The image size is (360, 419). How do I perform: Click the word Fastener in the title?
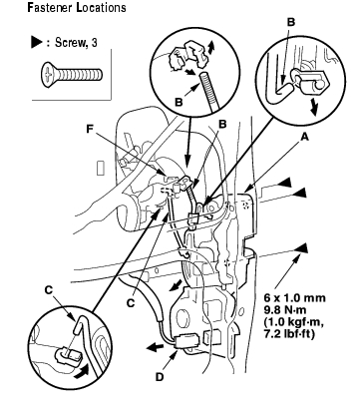click(x=50, y=7)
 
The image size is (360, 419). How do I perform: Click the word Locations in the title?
click(x=101, y=7)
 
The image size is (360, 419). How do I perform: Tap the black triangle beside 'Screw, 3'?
click(x=37, y=42)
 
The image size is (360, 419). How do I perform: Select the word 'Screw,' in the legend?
click(x=69, y=43)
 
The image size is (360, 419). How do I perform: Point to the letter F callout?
click(x=90, y=129)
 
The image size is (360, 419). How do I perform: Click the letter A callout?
click(x=304, y=137)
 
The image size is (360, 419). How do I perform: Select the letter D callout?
click(x=160, y=377)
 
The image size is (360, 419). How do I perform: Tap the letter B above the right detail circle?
click(x=291, y=22)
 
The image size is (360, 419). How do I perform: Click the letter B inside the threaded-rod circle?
click(x=179, y=102)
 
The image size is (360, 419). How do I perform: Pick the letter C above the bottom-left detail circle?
click(x=49, y=290)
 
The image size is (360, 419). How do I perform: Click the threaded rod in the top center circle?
click(x=208, y=93)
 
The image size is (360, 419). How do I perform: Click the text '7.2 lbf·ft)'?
click(x=289, y=334)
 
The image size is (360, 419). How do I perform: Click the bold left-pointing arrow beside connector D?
click(x=155, y=348)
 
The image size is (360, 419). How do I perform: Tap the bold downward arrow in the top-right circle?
click(x=313, y=107)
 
